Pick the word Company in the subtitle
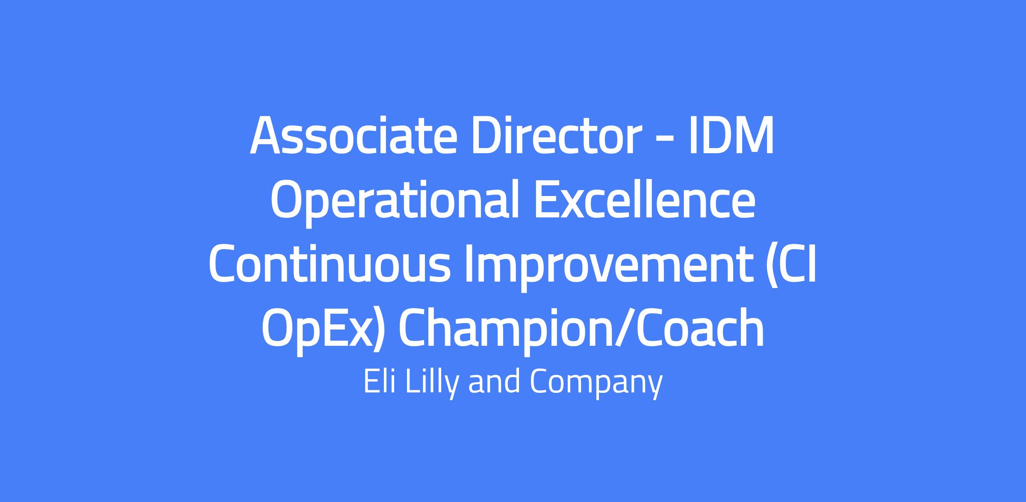click(596, 384)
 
